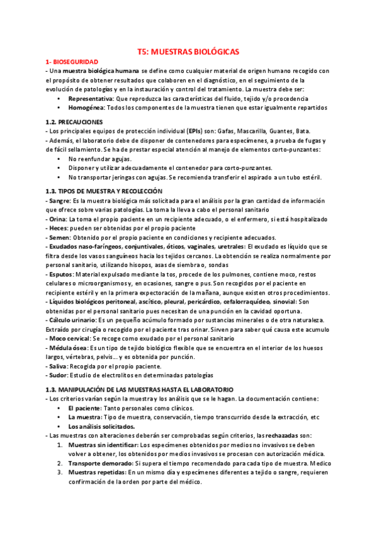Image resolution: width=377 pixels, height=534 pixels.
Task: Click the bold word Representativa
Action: [91, 99]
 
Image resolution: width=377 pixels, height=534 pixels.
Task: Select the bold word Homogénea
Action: [87, 108]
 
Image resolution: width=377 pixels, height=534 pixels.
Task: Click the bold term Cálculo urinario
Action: [72, 321]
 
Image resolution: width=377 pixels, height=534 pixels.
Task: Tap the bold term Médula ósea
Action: [67, 348]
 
